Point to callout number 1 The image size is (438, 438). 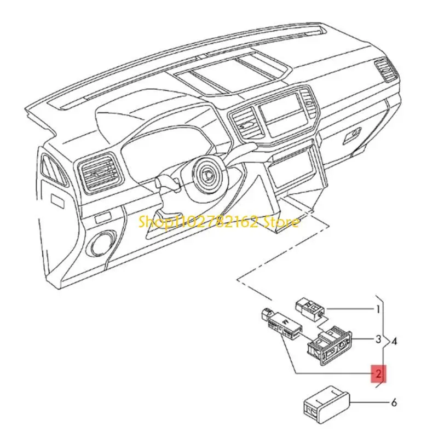[378, 309]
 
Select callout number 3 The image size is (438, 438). [378, 339]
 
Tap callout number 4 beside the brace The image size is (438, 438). [395, 342]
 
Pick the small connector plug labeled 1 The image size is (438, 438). [310, 308]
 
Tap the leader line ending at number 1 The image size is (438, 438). [350, 309]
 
